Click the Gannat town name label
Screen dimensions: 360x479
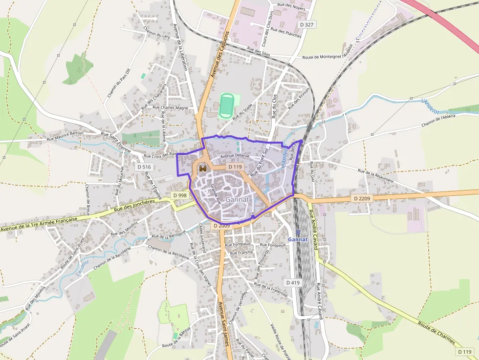[x=238, y=199]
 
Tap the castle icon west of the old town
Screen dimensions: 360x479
[x=202, y=168]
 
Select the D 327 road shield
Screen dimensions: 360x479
[x=306, y=24]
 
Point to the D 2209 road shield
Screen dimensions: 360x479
[x=362, y=198]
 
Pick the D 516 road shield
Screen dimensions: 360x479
[x=144, y=167]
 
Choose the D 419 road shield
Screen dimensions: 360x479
[x=292, y=282]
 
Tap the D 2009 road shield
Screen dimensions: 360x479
[x=221, y=226]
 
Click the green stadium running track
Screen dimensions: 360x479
[x=226, y=106]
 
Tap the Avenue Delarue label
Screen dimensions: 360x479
[x=235, y=156]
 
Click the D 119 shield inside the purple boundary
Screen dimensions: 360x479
[x=235, y=167]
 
